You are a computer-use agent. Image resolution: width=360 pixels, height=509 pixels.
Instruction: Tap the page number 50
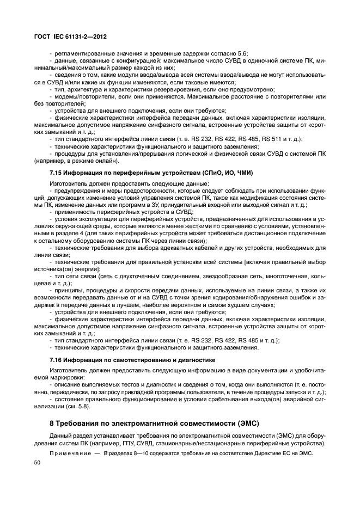coord(38,461)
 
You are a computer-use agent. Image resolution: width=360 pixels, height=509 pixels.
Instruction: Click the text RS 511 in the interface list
coord(273,139)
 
